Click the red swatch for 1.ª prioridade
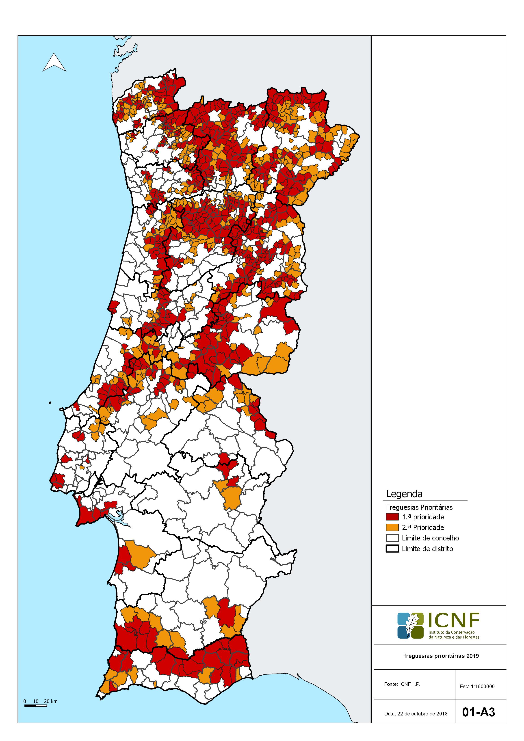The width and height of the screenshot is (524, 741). pos(392,517)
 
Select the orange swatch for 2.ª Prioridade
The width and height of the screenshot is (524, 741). pos(392,527)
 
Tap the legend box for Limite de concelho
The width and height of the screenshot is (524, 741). pos(392,538)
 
